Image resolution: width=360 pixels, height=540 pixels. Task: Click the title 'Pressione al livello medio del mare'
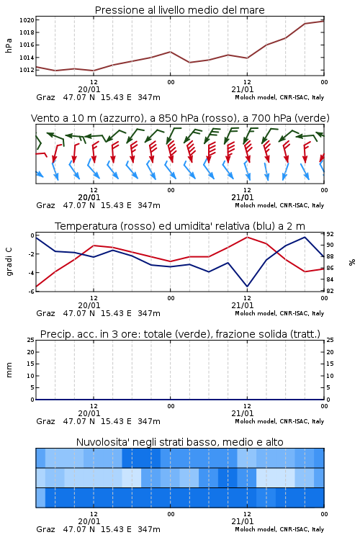point(179,10)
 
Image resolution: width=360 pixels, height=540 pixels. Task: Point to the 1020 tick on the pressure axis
point(27,20)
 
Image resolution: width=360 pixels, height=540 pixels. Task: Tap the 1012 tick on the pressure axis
point(27,70)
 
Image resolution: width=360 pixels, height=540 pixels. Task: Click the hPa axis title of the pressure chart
point(9,45)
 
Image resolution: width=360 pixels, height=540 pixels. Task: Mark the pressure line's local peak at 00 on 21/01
point(170,52)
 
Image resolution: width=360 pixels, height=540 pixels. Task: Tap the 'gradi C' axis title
point(9,261)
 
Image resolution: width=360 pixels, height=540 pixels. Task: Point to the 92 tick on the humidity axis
point(330,234)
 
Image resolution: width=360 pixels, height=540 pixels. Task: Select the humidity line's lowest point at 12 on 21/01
point(247,287)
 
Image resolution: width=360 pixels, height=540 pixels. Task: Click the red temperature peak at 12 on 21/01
point(247,237)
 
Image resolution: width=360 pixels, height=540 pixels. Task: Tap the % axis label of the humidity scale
point(352,262)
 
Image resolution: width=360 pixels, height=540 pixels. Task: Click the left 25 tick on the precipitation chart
point(31,340)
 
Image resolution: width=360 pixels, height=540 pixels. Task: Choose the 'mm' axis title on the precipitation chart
point(9,370)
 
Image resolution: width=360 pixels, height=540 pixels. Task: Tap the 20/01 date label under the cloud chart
point(89,521)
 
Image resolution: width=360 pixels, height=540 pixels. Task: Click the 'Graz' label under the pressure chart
point(45,97)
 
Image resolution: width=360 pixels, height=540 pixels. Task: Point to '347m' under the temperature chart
point(149,313)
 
